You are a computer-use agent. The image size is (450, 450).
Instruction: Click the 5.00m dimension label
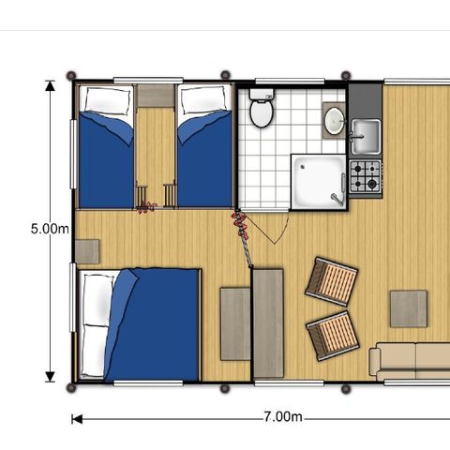pos(50,229)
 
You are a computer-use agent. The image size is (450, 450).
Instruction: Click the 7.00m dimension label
pos(283,416)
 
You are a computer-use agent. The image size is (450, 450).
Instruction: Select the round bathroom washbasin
pos(335,120)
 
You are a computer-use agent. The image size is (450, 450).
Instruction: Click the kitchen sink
pos(366,137)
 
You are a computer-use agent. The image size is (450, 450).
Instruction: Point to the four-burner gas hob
pos(366,176)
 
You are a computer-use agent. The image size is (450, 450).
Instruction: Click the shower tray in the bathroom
pos(319,182)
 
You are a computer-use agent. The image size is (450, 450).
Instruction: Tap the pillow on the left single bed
pos(108,101)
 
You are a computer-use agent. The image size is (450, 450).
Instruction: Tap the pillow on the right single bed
pos(205,100)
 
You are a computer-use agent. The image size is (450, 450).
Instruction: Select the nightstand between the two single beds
pos(156,96)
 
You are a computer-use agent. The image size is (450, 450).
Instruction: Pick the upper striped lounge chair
pos(332,281)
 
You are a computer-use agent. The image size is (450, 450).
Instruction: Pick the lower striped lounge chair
pos(332,336)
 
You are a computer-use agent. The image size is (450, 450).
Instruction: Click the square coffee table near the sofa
pos(409,308)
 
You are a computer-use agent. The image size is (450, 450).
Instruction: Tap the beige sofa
pos(410,362)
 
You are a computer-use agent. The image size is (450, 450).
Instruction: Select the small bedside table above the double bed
pos(87,251)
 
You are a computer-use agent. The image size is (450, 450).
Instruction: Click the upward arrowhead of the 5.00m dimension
pos(50,85)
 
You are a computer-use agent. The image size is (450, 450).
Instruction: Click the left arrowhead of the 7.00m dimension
pos(77,419)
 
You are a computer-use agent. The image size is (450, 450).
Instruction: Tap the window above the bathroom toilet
pos(290,82)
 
